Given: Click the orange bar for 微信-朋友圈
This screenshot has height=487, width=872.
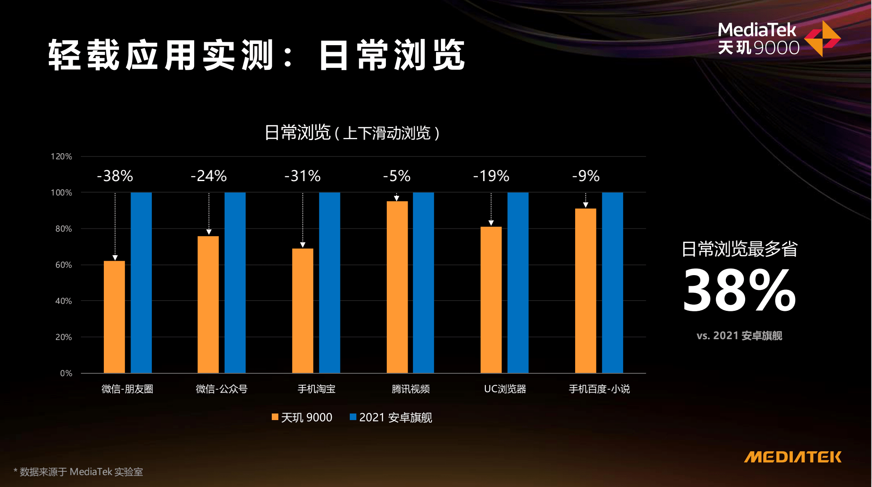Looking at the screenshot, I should [114, 317].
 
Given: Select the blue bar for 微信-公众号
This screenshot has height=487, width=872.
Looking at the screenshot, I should [235, 283].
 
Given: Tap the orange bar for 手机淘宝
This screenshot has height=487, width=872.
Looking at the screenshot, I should [303, 310].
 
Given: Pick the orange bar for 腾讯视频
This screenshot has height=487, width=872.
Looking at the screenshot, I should [397, 287].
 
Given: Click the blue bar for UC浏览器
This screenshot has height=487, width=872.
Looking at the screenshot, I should [518, 283].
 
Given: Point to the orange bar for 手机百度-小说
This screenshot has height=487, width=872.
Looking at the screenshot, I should [585, 291].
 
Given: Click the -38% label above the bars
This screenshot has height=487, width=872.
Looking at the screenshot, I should [115, 176].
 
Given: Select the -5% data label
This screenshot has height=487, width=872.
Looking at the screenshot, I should [397, 176].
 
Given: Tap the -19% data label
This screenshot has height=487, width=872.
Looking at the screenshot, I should [491, 176].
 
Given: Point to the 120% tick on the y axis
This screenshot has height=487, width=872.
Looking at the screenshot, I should [61, 156].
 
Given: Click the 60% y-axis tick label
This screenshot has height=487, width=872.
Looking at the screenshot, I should [64, 265].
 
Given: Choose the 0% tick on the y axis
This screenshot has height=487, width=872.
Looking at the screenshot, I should [66, 373].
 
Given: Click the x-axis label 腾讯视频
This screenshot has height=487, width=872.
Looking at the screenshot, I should [411, 389].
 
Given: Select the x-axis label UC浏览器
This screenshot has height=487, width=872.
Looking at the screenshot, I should [505, 389].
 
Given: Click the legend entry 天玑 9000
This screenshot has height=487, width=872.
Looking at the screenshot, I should [302, 418].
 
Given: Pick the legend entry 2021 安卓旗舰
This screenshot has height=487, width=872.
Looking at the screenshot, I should [391, 418].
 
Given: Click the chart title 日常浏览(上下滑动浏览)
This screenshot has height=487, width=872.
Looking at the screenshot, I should [352, 133].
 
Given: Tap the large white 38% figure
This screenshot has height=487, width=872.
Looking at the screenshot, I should [739, 290].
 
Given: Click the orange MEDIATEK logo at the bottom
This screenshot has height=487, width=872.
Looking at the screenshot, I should [793, 457].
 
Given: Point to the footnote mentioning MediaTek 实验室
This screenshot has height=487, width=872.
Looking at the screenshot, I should [78, 472].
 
